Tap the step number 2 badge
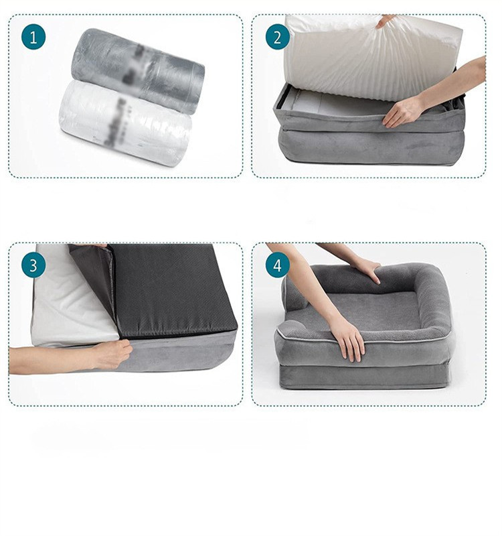278,37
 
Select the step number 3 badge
33,265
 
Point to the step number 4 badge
278,265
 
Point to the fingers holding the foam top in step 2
385,21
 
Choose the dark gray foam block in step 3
174,288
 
